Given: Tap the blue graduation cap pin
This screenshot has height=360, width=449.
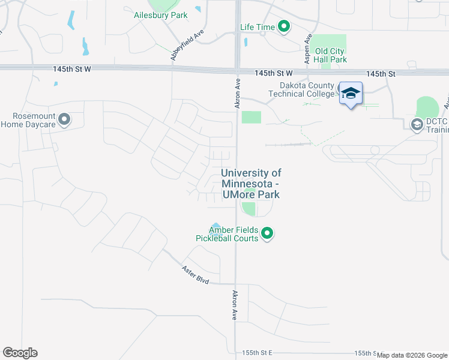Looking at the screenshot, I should pyautogui.click(x=351, y=94).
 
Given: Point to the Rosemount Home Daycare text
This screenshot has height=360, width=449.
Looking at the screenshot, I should pyautogui.click(x=28, y=120).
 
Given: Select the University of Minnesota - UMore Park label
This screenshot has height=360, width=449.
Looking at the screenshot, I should pyautogui.click(x=250, y=184).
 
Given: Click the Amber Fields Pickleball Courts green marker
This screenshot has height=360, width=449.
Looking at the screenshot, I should pyautogui.click(x=268, y=233).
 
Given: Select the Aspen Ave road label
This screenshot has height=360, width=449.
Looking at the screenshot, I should pyautogui.click(x=308, y=48).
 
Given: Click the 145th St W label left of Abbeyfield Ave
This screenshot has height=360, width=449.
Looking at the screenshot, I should pyautogui.click(x=71, y=70).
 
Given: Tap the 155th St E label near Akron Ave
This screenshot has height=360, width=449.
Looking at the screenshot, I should pyautogui.click(x=258, y=352).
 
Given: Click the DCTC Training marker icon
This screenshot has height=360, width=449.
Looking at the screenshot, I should pyautogui.click(x=417, y=125).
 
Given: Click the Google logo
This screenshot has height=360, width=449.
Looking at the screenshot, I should pyautogui.click(x=20, y=353).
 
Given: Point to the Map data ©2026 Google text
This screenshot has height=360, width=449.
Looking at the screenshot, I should pyautogui.click(x=412, y=355).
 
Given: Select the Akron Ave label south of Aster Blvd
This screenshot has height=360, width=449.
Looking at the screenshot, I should pyautogui.click(x=234, y=306).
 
